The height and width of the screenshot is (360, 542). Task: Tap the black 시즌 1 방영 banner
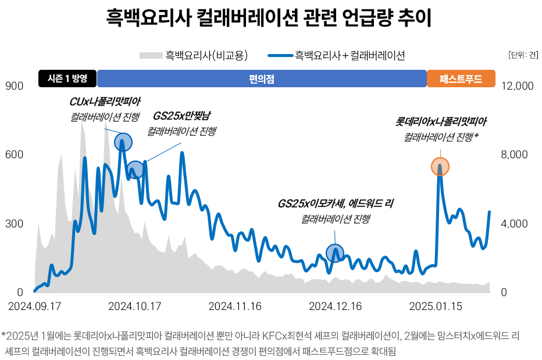click(x=67, y=79)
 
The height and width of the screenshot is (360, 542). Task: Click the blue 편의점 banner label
click(x=262, y=79)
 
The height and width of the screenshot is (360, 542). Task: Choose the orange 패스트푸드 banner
click(x=461, y=79)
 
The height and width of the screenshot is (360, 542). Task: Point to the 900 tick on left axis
click(x=15, y=86)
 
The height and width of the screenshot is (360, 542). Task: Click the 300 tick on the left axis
click(x=15, y=224)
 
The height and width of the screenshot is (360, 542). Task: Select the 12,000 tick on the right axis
click(x=516, y=86)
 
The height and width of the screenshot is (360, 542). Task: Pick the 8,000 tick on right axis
click(x=514, y=155)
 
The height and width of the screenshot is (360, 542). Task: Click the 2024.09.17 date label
click(x=34, y=306)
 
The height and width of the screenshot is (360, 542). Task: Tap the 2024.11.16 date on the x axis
click(x=235, y=306)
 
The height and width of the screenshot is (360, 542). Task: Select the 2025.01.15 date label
click(x=436, y=306)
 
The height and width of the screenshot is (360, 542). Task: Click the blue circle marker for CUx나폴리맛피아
click(x=123, y=141)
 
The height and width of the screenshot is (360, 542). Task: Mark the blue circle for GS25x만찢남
click(x=135, y=170)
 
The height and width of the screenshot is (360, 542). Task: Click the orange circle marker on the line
click(x=440, y=167)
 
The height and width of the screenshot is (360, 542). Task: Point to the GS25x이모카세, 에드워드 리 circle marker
click(x=335, y=253)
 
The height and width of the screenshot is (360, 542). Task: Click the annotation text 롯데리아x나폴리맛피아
click(x=441, y=122)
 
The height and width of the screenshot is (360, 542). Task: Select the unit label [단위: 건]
click(x=523, y=56)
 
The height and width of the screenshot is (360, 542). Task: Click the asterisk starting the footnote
click(x=4, y=336)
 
